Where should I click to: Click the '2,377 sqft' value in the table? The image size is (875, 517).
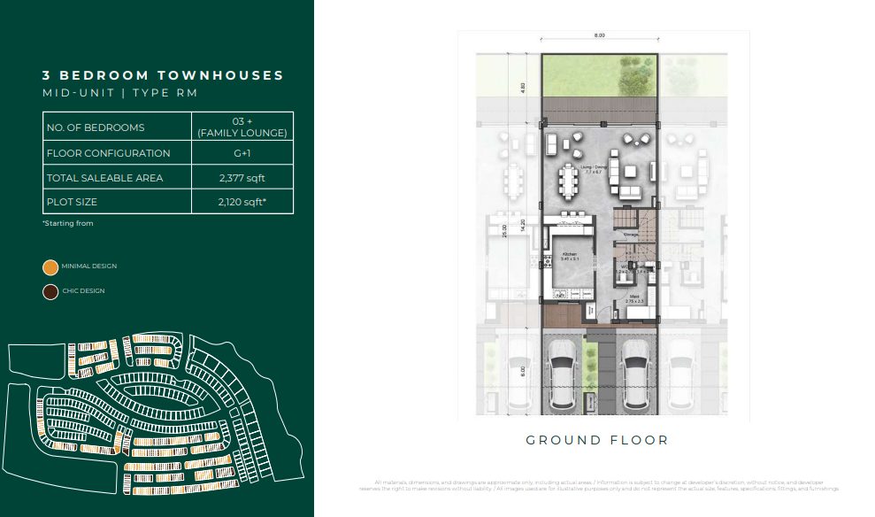point(242,178)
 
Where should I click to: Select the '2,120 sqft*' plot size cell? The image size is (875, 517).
point(242,202)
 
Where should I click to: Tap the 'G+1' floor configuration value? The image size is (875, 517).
point(242,153)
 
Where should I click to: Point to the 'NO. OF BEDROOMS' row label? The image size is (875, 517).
point(95,127)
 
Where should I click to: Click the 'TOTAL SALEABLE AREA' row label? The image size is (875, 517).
point(104,178)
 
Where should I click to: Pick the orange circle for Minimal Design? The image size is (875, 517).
point(51,266)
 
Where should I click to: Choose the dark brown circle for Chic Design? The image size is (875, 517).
point(51,291)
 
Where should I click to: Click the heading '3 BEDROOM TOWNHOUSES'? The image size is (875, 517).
point(163,76)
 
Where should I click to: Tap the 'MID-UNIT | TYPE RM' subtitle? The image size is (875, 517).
point(119,93)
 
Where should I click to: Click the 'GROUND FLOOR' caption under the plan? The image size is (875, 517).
point(597,440)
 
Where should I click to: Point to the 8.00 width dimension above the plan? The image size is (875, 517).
point(600,35)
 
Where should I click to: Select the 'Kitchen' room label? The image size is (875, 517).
point(569,255)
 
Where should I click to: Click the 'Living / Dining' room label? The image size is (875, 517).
point(592,167)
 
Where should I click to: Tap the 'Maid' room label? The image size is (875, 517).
point(634,298)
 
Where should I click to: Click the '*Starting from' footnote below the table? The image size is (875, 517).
point(67,224)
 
